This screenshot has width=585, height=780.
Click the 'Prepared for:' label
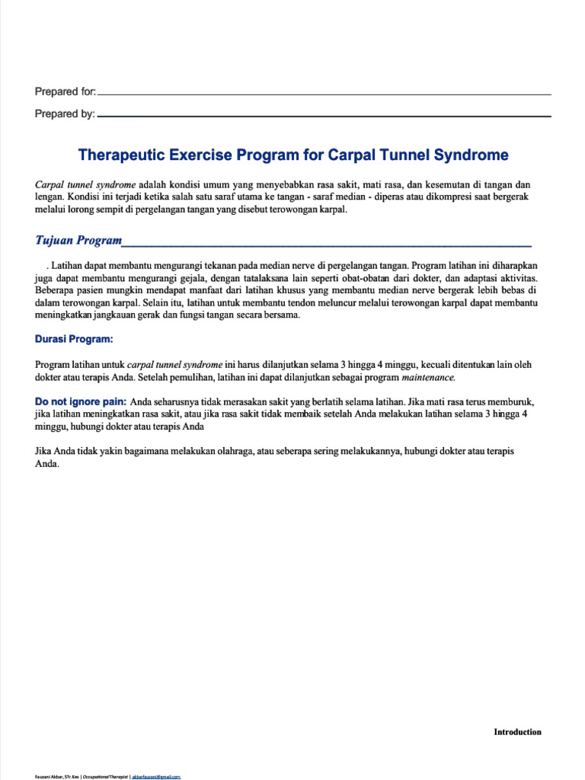(66, 92)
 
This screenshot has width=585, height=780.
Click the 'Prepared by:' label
(65, 114)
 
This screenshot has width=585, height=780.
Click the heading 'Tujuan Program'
(78, 241)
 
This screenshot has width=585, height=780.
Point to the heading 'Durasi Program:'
(74, 339)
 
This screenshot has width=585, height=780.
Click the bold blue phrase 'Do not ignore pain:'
(81, 401)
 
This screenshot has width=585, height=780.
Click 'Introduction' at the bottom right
(517, 732)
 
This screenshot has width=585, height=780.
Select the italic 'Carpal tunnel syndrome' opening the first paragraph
(85, 185)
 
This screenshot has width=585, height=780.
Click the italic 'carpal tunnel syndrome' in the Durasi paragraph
(174, 365)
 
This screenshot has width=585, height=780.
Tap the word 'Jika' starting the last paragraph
(44, 451)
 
